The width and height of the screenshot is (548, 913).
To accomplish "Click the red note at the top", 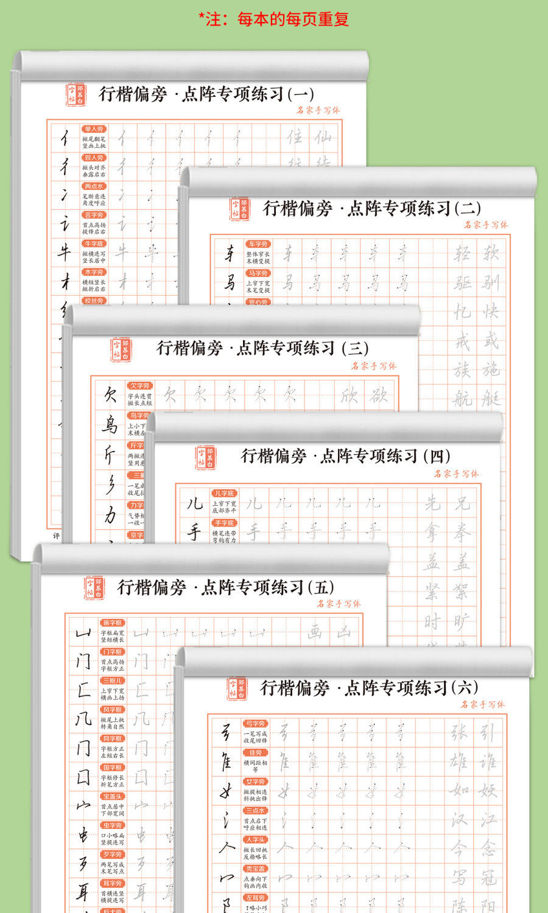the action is click(x=274, y=19).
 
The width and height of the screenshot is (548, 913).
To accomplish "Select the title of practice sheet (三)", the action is click(x=262, y=348).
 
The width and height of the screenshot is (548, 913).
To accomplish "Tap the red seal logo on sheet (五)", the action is click(x=94, y=588).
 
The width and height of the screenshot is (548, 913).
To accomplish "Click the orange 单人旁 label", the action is click(x=94, y=129).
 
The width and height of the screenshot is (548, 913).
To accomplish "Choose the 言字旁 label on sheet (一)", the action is click(x=94, y=215).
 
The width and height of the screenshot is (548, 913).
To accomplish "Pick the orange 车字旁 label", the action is click(x=258, y=244).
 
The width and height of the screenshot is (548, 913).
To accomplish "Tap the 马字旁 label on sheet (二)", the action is click(x=258, y=273).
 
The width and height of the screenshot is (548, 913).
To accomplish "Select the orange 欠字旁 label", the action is click(x=139, y=385).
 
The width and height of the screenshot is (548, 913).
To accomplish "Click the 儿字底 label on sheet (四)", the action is click(x=224, y=494).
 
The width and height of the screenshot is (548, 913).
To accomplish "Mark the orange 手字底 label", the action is click(x=224, y=523).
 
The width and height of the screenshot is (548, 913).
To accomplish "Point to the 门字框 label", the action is click(x=112, y=652).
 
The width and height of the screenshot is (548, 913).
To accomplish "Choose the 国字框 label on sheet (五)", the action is click(x=112, y=768).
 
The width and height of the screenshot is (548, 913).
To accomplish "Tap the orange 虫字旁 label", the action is click(x=112, y=825).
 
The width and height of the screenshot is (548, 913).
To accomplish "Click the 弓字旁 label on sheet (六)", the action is click(x=255, y=724).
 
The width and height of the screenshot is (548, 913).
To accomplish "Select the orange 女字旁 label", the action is click(x=255, y=782).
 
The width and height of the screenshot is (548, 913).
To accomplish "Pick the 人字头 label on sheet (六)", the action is click(x=255, y=839).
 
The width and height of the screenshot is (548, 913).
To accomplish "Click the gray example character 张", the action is click(x=459, y=732).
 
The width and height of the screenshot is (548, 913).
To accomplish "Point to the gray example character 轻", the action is click(x=462, y=253).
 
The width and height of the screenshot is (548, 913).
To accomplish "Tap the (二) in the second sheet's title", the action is click(x=467, y=208).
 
